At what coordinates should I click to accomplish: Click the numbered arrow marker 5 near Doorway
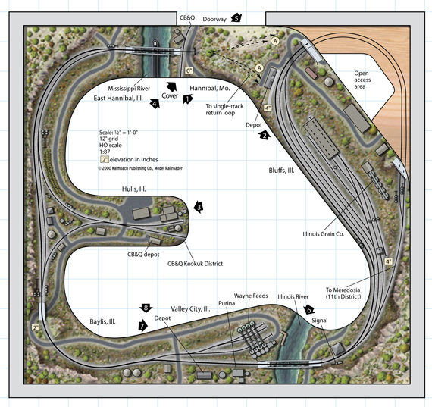[x=236, y=17]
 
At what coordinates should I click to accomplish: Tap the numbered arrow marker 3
[x=199, y=207]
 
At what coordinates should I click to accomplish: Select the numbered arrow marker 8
[x=146, y=308]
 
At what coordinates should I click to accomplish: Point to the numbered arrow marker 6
[x=309, y=310]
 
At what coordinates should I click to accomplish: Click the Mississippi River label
[x=129, y=89]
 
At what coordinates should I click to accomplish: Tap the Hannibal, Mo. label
[x=210, y=88]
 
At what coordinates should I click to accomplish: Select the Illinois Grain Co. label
[x=324, y=234]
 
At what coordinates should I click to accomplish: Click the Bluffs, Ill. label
[x=281, y=171]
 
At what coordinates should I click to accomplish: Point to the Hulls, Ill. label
[x=134, y=189]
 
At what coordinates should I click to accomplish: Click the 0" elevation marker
[x=189, y=70]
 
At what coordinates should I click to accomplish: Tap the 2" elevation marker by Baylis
[x=36, y=327]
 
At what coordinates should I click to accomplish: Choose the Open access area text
[x=362, y=80]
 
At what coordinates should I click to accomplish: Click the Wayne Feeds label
[x=251, y=296]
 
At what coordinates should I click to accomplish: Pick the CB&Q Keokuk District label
[x=195, y=264]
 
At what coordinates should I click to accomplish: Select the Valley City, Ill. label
[x=190, y=309]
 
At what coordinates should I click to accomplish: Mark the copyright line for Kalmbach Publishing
[x=140, y=168]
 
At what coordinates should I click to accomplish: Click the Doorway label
[x=214, y=19]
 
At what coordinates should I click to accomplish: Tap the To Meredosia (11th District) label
[x=343, y=293]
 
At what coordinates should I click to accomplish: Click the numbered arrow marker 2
[x=265, y=136]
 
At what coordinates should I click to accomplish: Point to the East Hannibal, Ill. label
[x=118, y=98]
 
